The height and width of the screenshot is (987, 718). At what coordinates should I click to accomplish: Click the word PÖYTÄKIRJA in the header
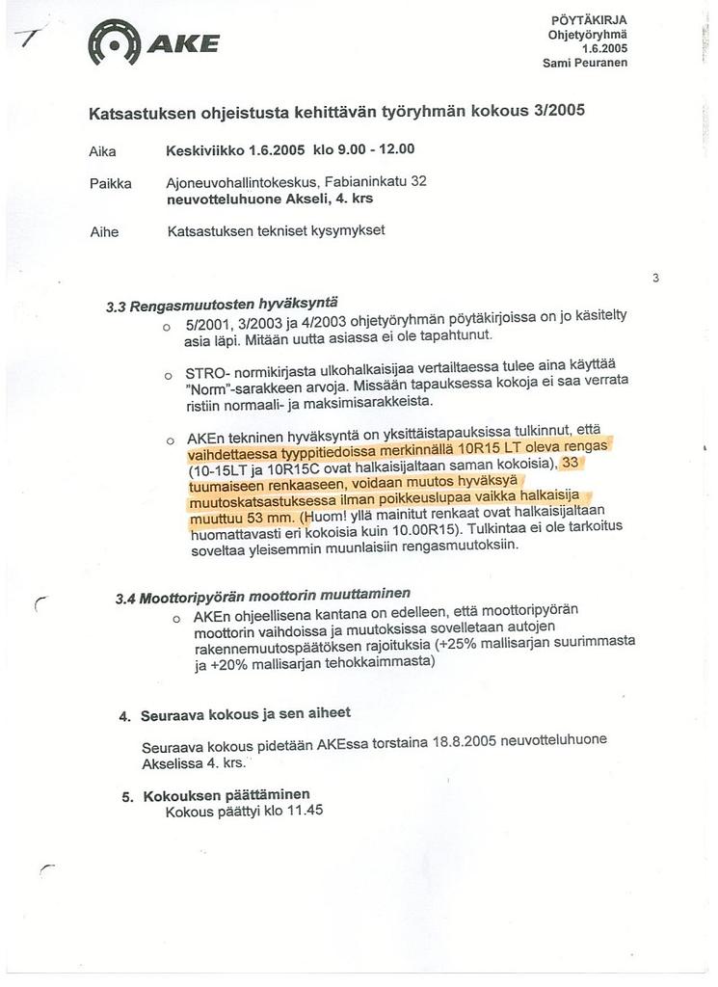(x=589, y=20)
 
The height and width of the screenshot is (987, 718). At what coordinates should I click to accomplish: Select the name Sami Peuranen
(x=585, y=63)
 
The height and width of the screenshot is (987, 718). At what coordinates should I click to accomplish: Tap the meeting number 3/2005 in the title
(x=559, y=110)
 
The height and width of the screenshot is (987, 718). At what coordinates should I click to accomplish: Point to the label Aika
(x=101, y=151)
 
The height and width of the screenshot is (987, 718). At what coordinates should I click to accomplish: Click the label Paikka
(x=109, y=183)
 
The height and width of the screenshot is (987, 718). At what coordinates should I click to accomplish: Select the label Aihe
(x=103, y=231)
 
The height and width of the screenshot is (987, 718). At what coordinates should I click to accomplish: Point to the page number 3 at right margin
(x=655, y=279)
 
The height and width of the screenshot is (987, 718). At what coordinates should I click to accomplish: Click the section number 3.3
(x=117, y=308)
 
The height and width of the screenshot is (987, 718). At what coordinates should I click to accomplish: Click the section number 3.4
(x=125, y=599)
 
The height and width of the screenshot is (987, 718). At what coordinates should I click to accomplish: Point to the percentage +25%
(x=457, y=642)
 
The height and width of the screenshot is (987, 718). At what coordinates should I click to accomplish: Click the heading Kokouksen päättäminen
(x=226, y=795)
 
